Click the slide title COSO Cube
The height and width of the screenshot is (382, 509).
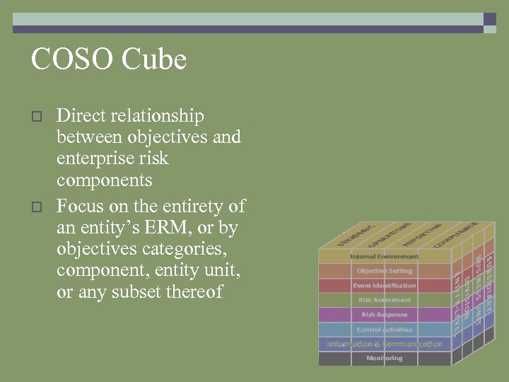(108, 59)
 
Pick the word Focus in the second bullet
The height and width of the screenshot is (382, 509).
(78, 207)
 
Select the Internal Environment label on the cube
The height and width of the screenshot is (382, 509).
(384, 256)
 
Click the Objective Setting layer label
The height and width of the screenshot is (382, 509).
(384, 271)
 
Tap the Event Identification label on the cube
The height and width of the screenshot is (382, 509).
(384, 286)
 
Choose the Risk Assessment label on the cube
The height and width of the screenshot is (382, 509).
(384, 300)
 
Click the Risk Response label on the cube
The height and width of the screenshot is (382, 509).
(384, 315)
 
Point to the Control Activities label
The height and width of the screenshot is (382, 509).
(384, 330)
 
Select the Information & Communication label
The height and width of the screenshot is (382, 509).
(384, 345)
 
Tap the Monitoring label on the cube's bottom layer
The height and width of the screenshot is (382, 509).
(384, 359)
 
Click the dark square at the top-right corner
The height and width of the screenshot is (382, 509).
(489, 19)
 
